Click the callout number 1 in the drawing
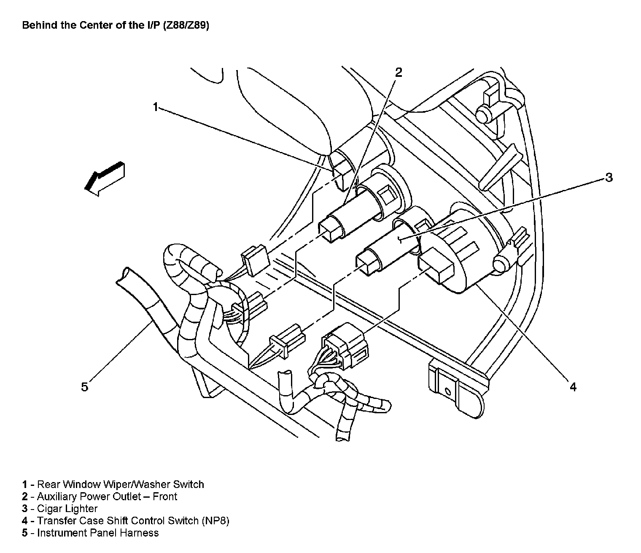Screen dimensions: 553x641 pos(155,107)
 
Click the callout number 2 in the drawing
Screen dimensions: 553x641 pos(399,72)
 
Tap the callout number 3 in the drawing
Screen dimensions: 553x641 pos(609,177)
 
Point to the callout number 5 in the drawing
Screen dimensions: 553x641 pos(85,387)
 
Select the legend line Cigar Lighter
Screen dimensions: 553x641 pos(67,509)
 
